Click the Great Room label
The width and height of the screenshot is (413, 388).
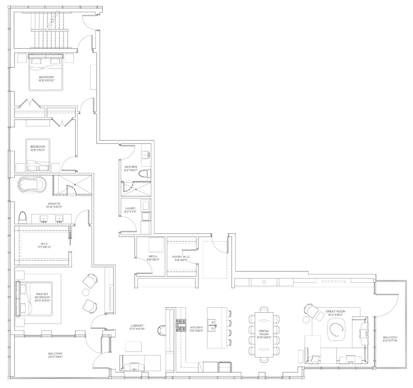coord(335,313)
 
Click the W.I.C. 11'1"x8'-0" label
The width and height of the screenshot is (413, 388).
coord(44,245)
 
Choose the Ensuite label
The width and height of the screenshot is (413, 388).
coord(54,205)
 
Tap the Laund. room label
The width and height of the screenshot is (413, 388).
coord(130,210)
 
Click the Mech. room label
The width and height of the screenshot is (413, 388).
coord(153,258)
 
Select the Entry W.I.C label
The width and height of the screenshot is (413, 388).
coord(181,258)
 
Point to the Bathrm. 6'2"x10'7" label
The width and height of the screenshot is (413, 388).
coord(131,168)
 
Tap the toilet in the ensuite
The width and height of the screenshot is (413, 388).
coord(23,217)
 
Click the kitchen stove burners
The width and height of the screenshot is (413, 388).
coord(181,326)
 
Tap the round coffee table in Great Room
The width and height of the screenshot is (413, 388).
coord(336,329)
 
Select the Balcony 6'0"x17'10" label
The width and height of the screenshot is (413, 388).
coord(390,339)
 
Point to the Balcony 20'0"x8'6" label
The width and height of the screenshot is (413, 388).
coord(55,355)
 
